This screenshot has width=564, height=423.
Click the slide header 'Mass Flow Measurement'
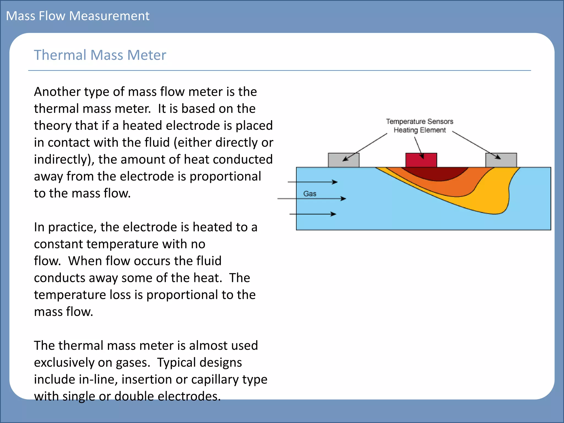click(78, 16)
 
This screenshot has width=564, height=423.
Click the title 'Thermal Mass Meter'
click(100, 55)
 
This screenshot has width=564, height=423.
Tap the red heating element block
click(421, 160)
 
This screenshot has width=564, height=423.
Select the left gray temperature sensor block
click(343, 160)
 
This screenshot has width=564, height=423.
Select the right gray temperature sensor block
click(501, 160)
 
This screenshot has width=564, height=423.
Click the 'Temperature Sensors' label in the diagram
click(419, 121)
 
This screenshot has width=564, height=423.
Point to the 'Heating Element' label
click(419, 130)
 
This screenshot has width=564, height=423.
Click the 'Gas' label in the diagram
click(310, 194)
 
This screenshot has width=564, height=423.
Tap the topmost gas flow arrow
click(313, 182)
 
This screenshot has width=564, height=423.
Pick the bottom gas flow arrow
click(313, 214)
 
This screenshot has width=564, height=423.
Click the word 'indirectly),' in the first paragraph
click(64, 159)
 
